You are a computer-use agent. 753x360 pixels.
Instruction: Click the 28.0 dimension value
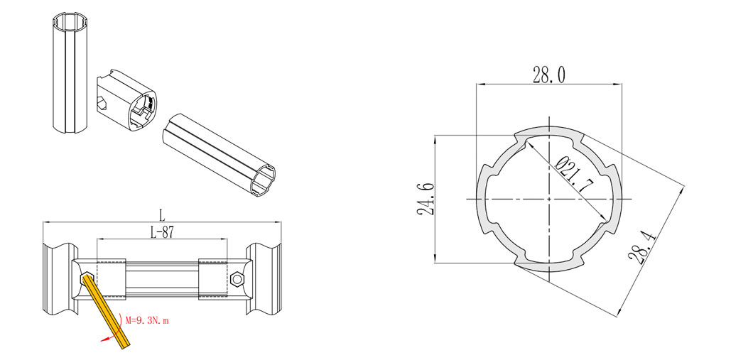click(548, 75)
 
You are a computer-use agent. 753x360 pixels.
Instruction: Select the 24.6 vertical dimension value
click(426, 200)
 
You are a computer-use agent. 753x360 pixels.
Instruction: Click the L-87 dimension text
click(161, 233)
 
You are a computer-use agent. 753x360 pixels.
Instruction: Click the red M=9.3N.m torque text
click(147, 321)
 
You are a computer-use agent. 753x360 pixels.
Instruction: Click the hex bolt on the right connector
click(237, 279)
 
